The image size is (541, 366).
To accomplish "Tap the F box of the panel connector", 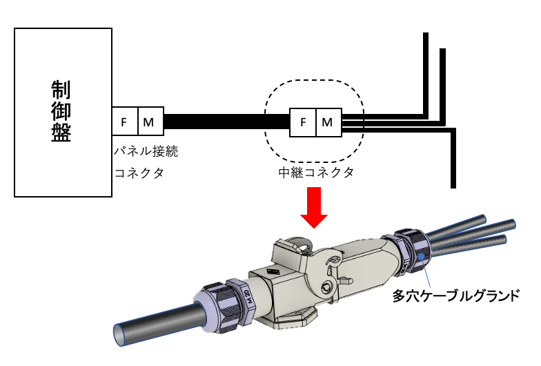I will (124, 122).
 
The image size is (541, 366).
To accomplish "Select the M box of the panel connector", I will (150, 122).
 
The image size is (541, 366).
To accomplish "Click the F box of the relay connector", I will (302, 122).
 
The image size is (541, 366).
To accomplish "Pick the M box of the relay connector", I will (328, 122).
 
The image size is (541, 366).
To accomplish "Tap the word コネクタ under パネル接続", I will (139, 173).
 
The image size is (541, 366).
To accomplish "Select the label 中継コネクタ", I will (312, 173).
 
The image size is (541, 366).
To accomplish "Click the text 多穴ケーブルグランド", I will (455, 296).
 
